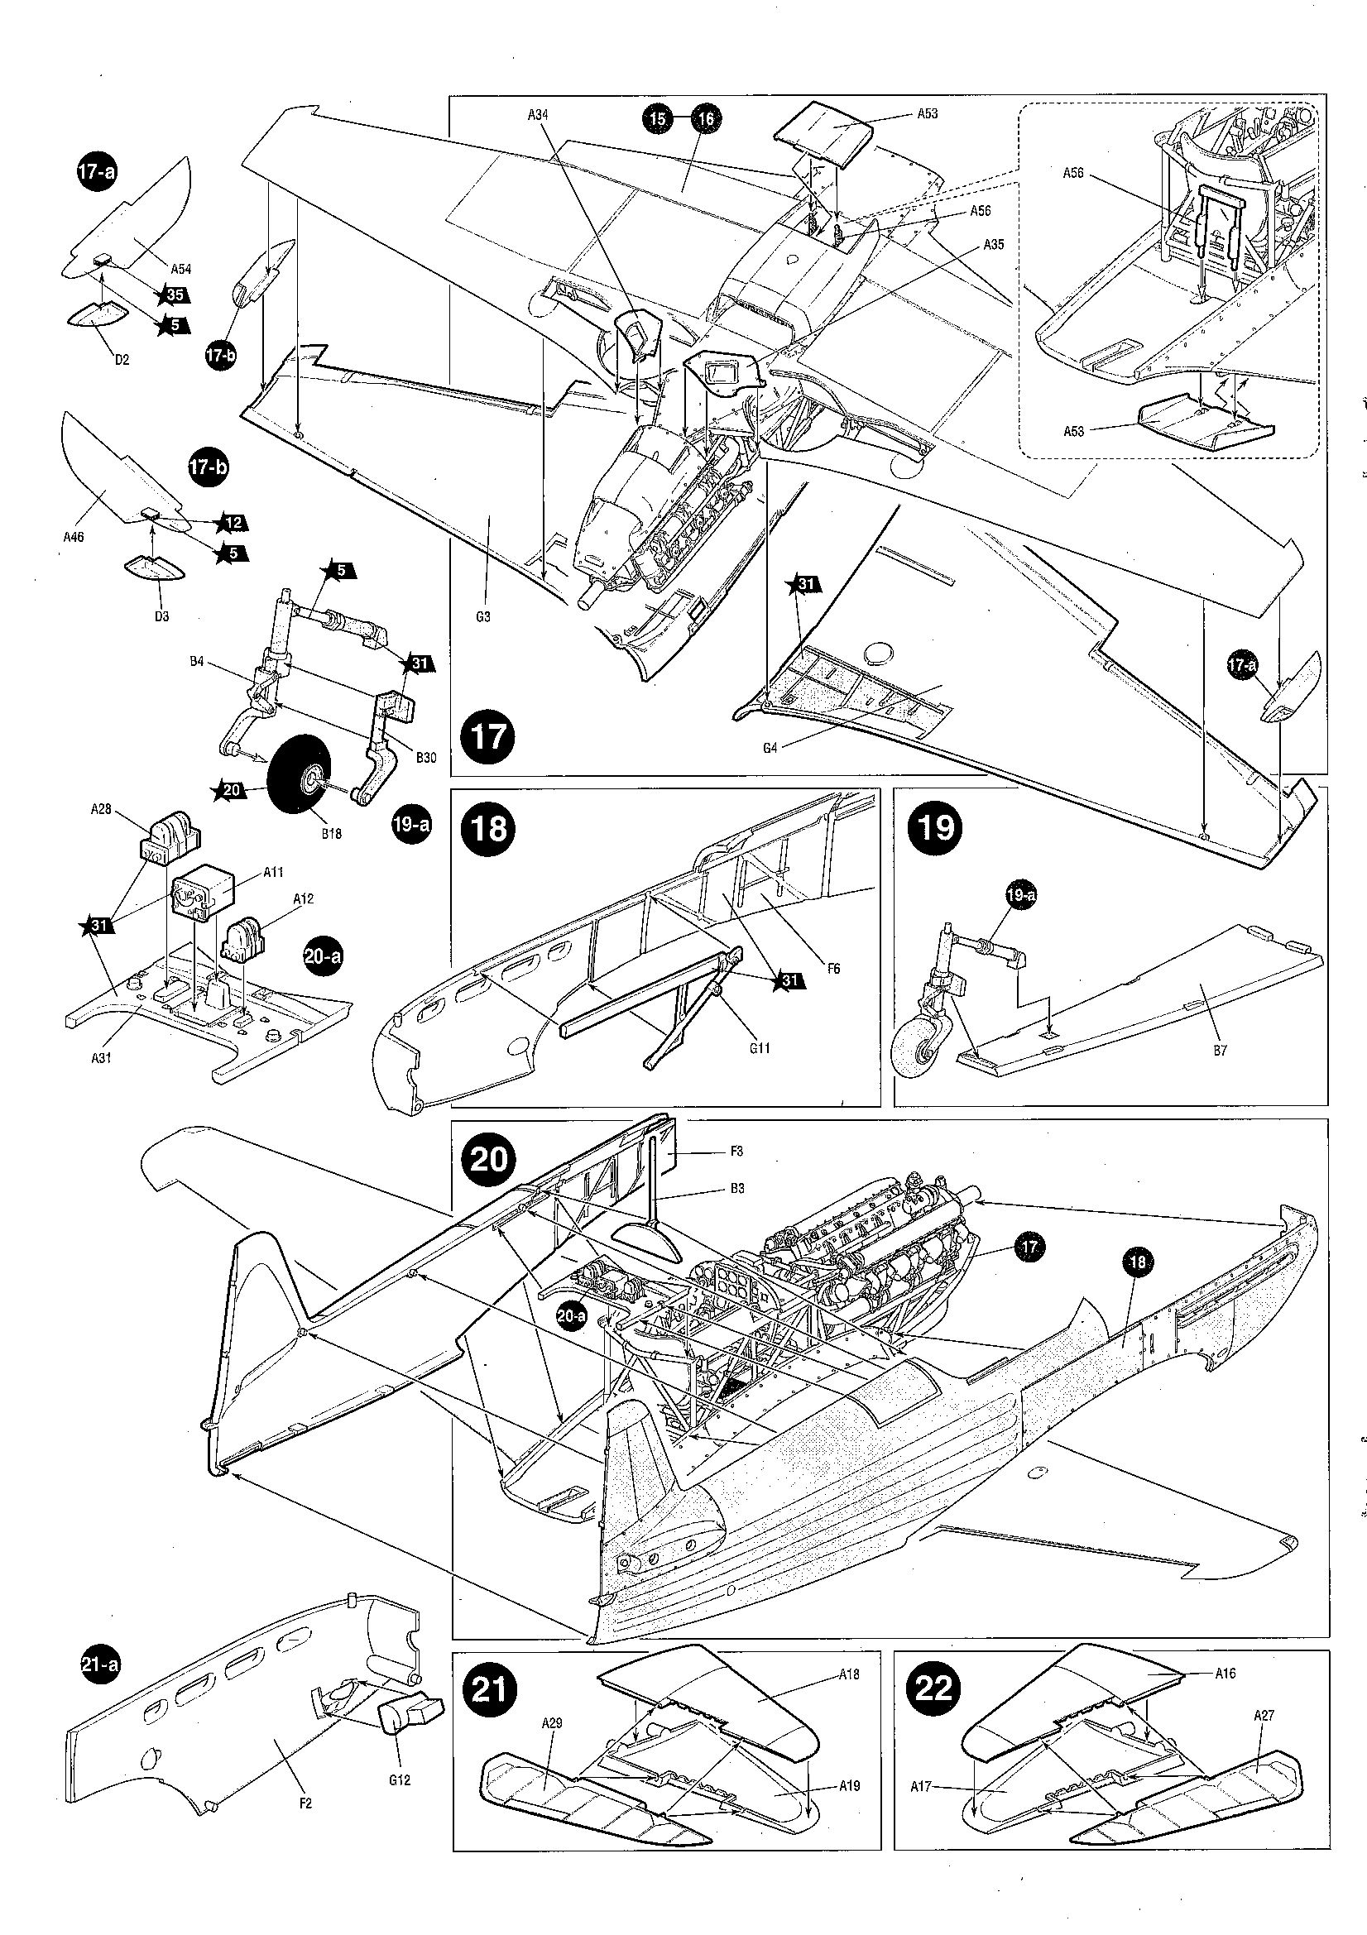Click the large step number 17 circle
pos(488,735)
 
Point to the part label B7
pos(1221,1050)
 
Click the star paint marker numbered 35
pos(174,295)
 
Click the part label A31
pos(100,1059)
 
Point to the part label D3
pos(162,616)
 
